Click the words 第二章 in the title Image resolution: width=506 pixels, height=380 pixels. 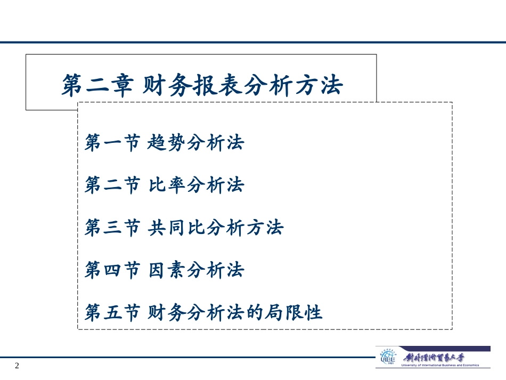[x=96, y=85]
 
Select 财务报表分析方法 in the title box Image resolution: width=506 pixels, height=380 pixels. [x=242, y=85]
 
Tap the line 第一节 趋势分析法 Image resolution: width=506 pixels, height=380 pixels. [x=164, y=143]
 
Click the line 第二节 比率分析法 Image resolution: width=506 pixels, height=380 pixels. [x=164, y=185]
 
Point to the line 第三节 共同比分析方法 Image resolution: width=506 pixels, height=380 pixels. [x=184, y=228]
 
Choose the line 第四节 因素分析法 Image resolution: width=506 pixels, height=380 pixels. [x=164, y=270]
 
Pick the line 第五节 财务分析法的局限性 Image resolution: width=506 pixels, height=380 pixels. [x=203, y=312]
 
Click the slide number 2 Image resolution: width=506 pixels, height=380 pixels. [x=17, y=366]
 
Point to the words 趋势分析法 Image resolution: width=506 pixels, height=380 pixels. [x=195, y=143]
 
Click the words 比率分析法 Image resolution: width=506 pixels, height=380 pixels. [x=195, y=185]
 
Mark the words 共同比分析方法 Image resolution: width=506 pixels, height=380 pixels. [x=215, y=228]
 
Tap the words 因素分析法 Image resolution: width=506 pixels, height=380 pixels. [x=195, y=270]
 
